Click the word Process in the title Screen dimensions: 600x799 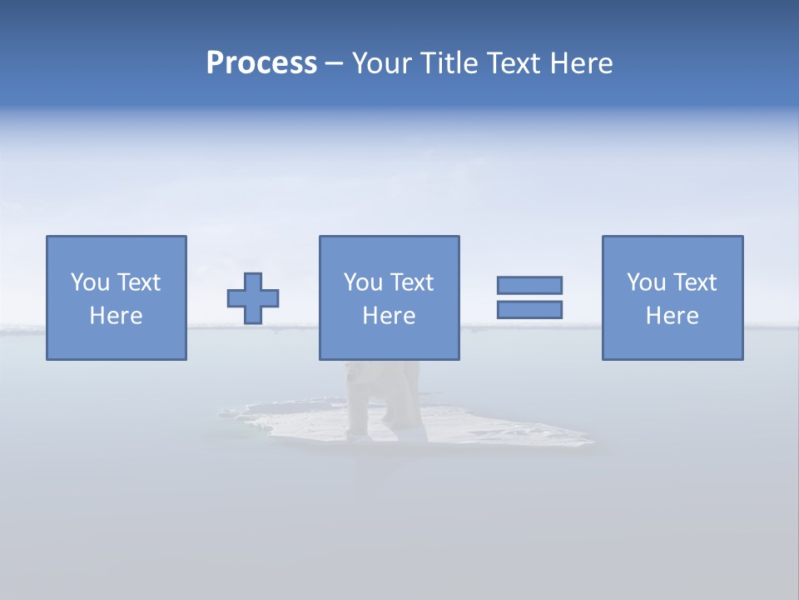261,63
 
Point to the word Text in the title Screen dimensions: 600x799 513,63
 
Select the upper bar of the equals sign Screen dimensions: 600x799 529,285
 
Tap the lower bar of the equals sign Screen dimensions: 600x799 529,309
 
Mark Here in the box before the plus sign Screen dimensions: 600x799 117,316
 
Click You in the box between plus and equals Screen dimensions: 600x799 362,282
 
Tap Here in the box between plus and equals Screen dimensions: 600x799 390,316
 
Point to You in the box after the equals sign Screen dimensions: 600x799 645,282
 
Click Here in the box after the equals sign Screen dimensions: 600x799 672,316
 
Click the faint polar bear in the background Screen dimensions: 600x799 385,396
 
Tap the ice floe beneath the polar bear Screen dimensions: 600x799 499,431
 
